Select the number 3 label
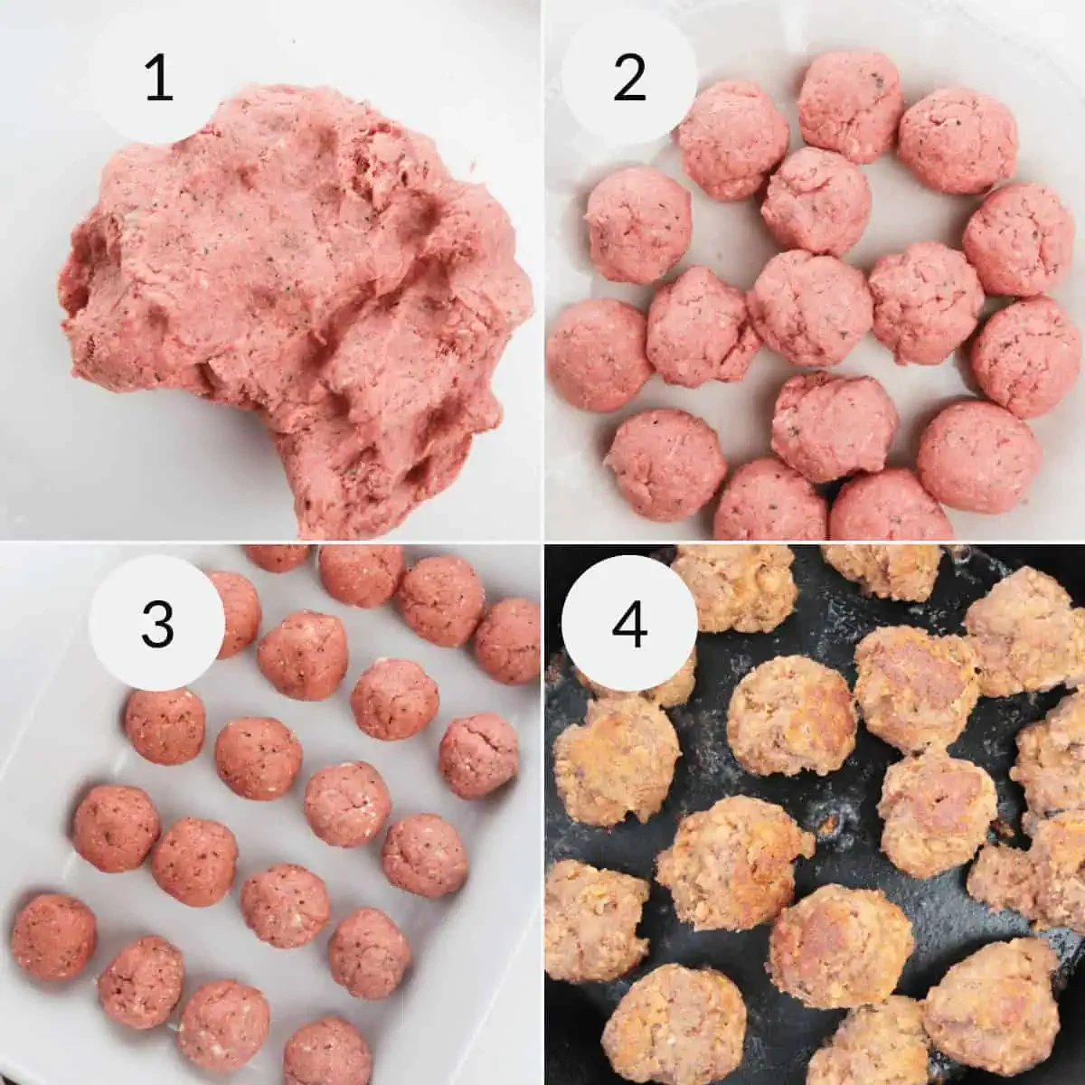click(157, 622)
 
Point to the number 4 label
click(630, 622)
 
